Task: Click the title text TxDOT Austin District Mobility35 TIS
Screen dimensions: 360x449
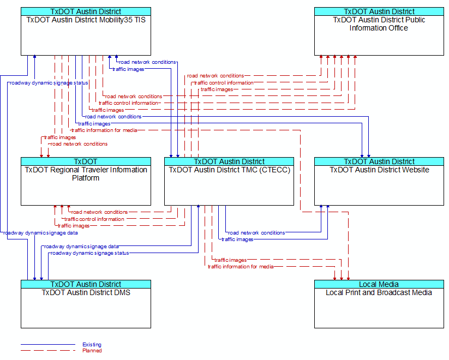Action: click(86, 20)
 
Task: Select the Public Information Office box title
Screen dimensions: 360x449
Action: click(379, 23)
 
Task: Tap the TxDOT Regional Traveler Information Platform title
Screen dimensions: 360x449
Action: click(86, 173)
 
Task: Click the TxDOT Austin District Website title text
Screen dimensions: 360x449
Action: click(379, 170)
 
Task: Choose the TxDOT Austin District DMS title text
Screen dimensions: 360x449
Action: click(86, 292)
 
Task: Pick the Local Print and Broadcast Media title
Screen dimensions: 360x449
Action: click(379, 292)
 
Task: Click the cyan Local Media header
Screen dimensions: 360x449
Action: click(379, 284)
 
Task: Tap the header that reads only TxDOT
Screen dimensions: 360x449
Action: click(86, 161)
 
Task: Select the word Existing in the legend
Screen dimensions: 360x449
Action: click(92, 345)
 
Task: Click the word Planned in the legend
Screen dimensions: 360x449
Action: click(92, 351)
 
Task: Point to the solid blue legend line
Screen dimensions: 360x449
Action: click(47, 345)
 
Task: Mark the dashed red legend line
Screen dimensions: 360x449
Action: click(47, 351)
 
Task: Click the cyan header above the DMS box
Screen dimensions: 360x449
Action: click(86, 284)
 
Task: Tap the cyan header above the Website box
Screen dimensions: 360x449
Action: click(379, 161)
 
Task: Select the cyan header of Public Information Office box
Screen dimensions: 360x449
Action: click(379, 11)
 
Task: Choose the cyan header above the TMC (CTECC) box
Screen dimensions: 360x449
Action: click(229, 161)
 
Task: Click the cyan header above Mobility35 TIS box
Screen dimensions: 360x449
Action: click(86, 11)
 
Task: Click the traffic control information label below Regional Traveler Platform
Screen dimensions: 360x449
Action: click(94, 219)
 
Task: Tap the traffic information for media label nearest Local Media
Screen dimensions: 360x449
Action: click(241, 267)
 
